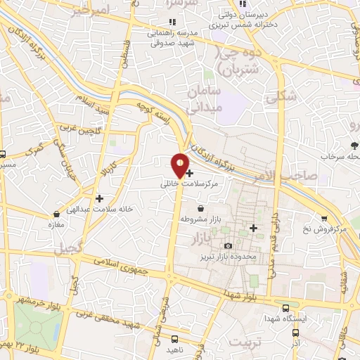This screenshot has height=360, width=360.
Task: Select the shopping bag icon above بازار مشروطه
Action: pyautogui.click(x=202, y=209)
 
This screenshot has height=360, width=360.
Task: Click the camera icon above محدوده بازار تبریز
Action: pyautogui.click(x=228, y=245)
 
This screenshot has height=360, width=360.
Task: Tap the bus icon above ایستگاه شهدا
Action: pyautogui.click(x=285, y=307)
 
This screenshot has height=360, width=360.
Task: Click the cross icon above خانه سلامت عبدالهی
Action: pyautogui.click(x=99, y=199)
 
